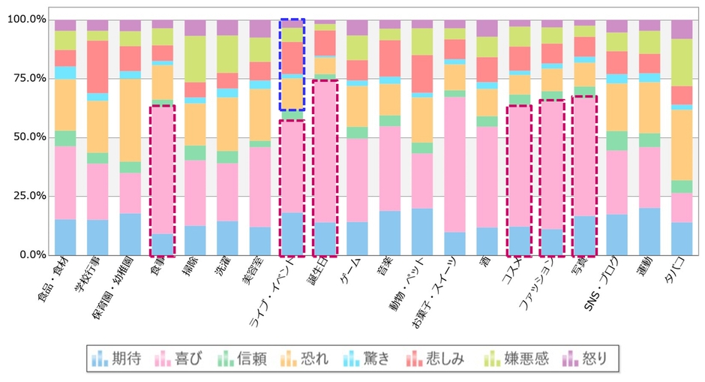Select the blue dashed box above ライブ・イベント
pos(292,65)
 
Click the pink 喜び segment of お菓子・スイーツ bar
pos(454,165)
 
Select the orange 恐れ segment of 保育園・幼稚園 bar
pos(130,120)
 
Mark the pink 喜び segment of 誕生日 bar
pos(325,151)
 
